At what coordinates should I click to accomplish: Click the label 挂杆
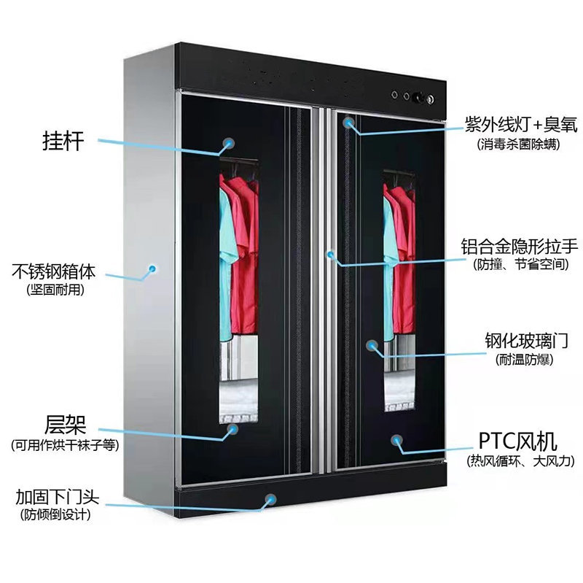[x=63, y=141]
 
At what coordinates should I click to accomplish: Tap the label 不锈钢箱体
[x=54, y=271]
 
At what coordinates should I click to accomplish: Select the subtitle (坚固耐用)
[x=55, y=289]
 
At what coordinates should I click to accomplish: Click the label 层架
[x=65, y=425]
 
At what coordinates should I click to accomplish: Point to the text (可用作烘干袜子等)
[x=65, y=444]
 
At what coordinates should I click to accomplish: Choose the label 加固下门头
[x=58, y=497]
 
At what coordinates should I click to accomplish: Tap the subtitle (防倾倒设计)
[x=56, y=514]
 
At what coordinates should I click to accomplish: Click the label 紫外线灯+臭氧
[x=521, y=124]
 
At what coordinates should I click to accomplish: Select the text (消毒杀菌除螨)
[x=518, y=144]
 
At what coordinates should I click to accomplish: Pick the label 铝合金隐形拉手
[x=520, y=246]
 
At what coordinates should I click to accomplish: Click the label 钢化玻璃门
[x=526, y=340]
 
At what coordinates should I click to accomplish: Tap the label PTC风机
[x=517, y=441]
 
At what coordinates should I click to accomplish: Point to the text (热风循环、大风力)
[x=520, y=461]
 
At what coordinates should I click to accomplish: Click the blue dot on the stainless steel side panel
[x=152, y=268]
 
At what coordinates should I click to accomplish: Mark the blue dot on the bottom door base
[x=271, y=499]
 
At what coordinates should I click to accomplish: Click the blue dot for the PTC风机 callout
[x=396, y=440]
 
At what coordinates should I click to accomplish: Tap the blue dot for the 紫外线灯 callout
[x=348, y=122]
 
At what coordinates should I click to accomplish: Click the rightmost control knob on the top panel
[x=430, y=99]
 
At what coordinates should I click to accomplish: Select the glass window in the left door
[x=239, y=290]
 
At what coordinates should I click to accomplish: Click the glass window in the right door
[x=399, y=291]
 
